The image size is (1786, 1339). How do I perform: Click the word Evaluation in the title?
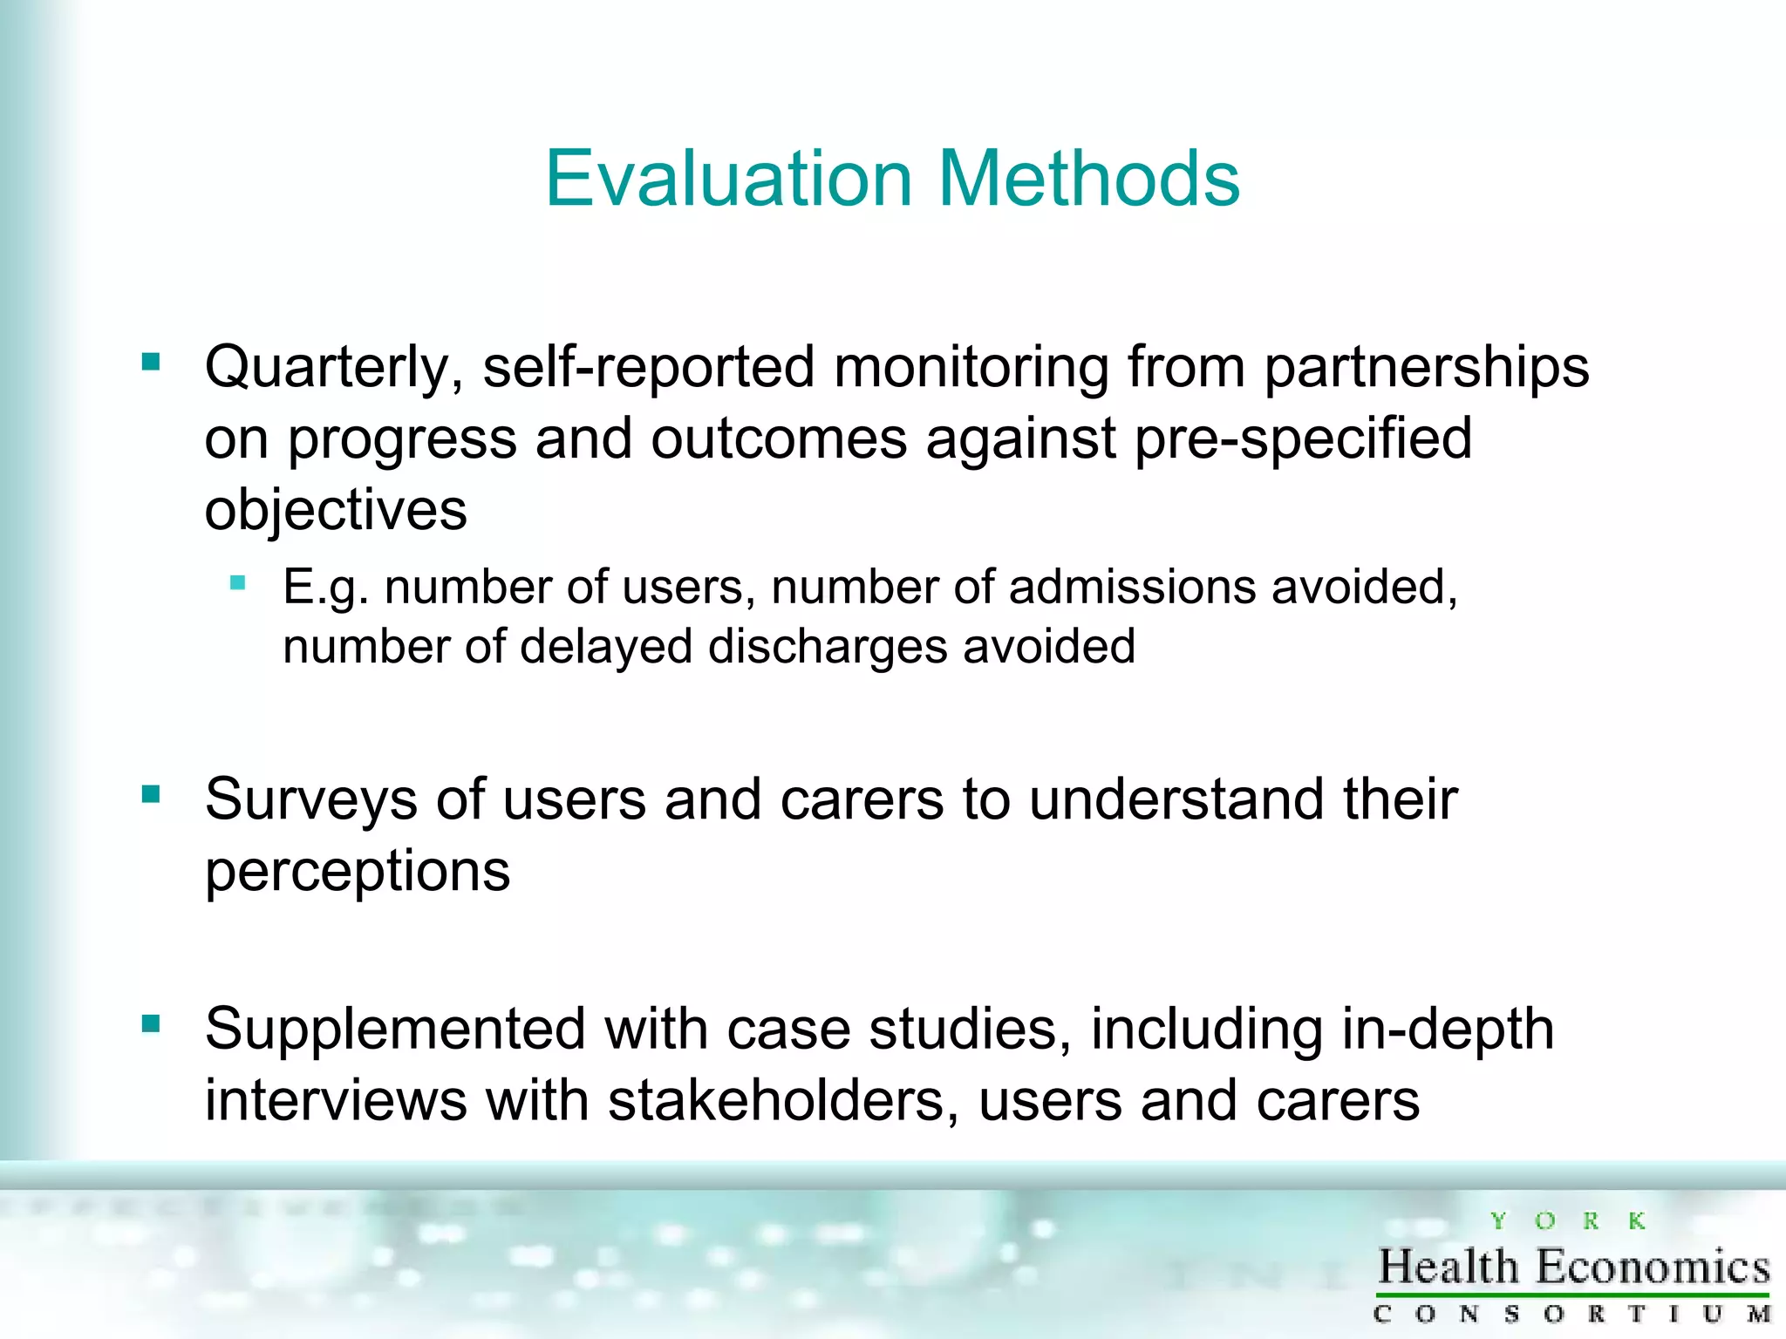point(728,179)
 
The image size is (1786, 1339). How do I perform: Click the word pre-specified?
point(1303,438)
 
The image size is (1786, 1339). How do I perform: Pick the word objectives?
point(336,510)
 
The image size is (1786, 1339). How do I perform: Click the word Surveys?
point(311,800)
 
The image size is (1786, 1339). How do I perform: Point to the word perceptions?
point(357,872)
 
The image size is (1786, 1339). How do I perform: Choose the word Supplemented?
point(395,1030)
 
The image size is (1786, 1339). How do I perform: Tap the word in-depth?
point(1448,1030)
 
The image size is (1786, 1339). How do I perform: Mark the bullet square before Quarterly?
point(151,362)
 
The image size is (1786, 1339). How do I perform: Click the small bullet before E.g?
point(237,583)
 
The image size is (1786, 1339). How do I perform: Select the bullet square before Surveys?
point(151,794)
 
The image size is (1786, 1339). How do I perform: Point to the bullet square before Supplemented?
point(151,1023)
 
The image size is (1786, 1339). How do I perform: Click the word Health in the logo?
point(1449,1267)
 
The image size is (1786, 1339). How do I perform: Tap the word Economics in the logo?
point(1653,1267)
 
